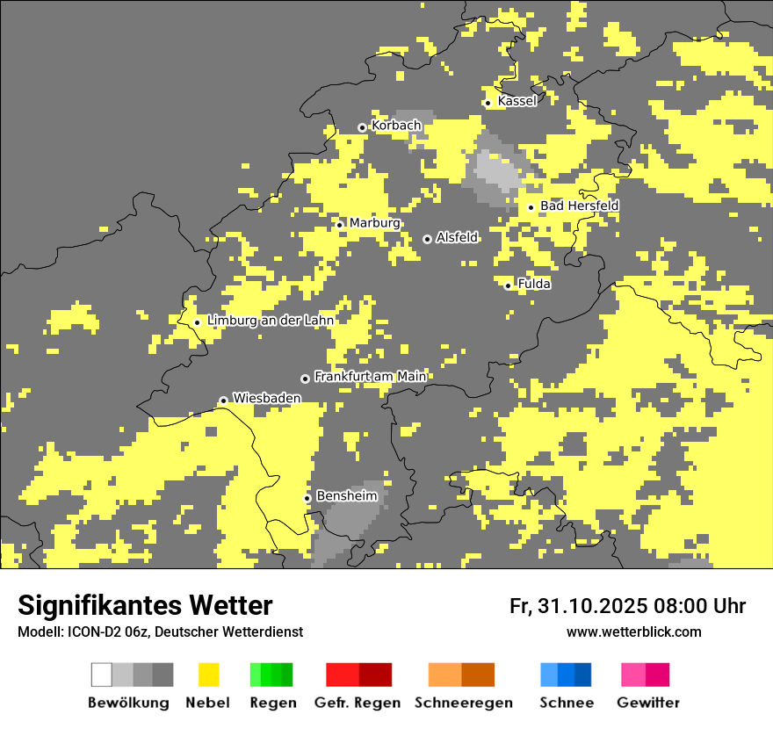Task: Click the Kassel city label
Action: [x=517, y=101]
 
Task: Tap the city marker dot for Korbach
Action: [x=362, y=127]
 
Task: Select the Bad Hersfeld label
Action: [x=579, y=206]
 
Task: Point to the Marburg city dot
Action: [x=339, y=225]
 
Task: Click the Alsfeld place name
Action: [x=457, y=237]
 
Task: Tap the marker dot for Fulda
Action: [x=508, y=285]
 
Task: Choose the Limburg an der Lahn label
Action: [x=271, y=321]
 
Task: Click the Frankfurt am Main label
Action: [x=370, y=377]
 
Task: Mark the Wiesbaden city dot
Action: [x=223, y=401]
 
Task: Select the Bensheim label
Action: [x=346, y=496]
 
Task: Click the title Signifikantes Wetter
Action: [x=145, y=605]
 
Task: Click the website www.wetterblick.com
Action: [x=633, y=632]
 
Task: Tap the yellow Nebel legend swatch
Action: [x=208, y=675]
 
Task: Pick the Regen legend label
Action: [x=271, y=703]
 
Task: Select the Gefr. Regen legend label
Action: [x=358, y=703]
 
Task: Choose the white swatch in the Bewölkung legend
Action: [x=101, y=675]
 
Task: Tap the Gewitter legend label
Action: [x=648, y=703]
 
